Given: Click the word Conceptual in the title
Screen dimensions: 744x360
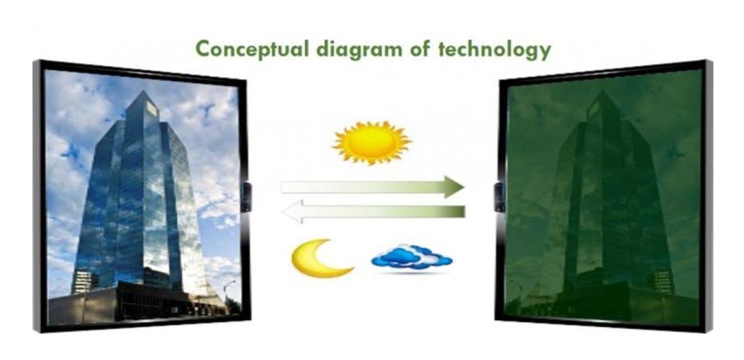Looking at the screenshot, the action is point(252,50).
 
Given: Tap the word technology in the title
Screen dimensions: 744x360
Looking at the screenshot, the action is point(495,50).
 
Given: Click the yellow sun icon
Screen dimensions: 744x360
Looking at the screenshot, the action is point(372,143).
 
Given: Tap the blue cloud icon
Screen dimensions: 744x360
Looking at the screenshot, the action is point(411,257).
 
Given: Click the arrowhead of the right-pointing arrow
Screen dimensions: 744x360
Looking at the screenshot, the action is point(454,187).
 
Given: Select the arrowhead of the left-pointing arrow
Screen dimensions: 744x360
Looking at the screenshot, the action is point(292,211).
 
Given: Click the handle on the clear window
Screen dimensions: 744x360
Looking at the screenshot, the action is point(246,197).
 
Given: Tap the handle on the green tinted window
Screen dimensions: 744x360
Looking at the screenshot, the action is point(499,197).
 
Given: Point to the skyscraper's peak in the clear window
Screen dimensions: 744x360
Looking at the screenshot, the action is point(143,91).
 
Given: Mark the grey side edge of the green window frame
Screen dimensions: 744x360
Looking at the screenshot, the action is point(709,196).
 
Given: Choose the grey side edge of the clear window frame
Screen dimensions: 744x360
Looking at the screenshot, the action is point(37,196).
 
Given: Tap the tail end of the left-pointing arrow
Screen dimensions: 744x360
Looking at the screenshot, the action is point(464,211).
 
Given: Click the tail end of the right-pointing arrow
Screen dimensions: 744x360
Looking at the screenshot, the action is point(283,187).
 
